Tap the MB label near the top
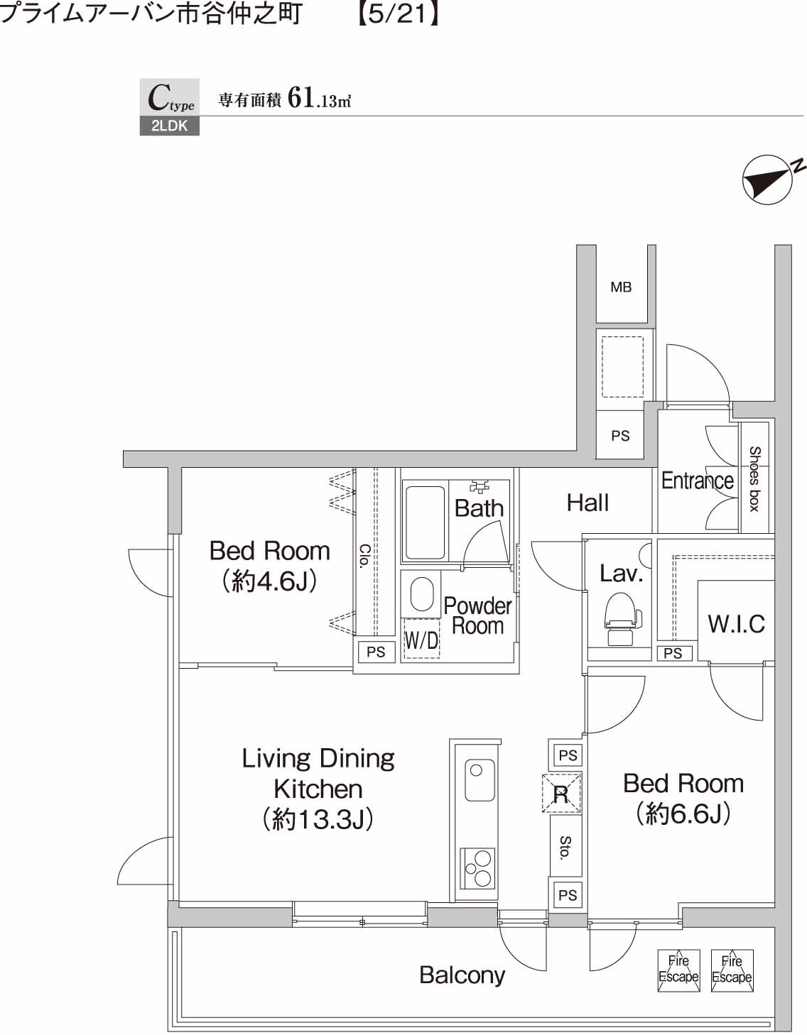[x=621, y=287]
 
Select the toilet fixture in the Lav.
[x=621, y=619]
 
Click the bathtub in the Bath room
[x=424, y=522]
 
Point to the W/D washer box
[x=421, y=638]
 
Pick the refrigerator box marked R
[x=561, y=793]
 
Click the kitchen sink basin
[x=479, y=780]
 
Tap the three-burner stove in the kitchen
[x=477, y=867]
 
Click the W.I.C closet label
[x=737, y=624]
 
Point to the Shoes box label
[x=754, y=478]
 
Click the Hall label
[x=587, y=503]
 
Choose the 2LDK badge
[x=169, y=126]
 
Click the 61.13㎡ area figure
[x=320, y=99]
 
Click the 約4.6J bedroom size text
[x=269, y=581]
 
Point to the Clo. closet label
[x=364, y=556]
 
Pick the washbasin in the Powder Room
[x=421, y=594]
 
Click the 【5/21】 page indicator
[x=397, y=13]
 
